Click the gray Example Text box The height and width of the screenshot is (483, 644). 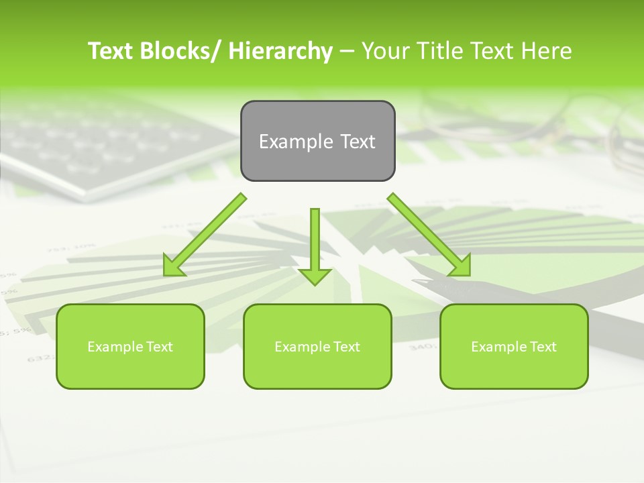click(x=317, y=141)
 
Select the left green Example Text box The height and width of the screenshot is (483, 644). click(x=130, y=346)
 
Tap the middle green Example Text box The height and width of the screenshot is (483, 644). click(x=317, y=346)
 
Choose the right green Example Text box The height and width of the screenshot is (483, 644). click(x=514, y=346)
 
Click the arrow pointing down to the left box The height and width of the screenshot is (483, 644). click(x=205, y=235)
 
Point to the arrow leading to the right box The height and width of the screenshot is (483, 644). click(x=429, y=235)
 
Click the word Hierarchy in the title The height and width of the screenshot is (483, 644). click(x=280, y=51)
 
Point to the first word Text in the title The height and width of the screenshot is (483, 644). click(x=111, y=51)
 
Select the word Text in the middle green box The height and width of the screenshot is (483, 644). click(x=345, y=347)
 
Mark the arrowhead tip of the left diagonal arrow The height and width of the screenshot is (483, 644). click(x=166, y=274)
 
